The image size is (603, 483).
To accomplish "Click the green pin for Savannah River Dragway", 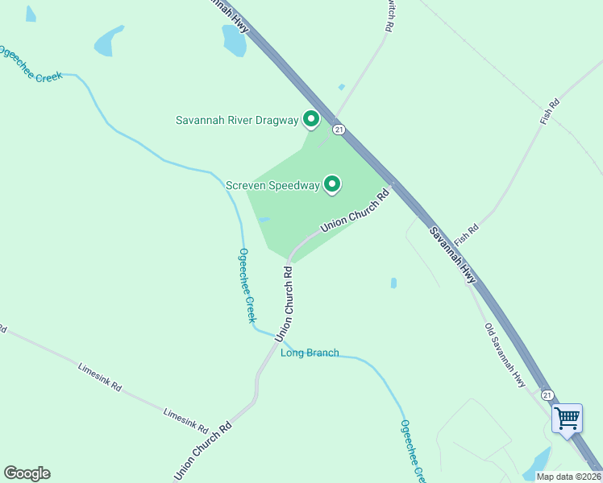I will [x=310, y=120].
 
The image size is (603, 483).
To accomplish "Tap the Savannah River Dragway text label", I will [x=237, y=121].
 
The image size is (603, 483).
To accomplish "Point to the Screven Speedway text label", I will [x=272, y=186].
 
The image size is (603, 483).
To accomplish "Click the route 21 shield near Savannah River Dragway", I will [x=339, y=129].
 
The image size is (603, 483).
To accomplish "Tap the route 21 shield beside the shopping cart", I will [x=548, y=395].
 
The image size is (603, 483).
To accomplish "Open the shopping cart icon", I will [x=567, y=418].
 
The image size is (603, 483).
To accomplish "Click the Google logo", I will [x=27, y=473].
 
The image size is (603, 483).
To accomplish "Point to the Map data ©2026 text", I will [x=568, y=477].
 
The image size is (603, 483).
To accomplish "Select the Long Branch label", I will [x=310, y=353].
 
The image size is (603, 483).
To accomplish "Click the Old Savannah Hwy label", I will [x=505, y=355].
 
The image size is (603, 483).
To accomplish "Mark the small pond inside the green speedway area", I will [x=264, y=218].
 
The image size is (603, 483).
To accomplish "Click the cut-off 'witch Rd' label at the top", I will [x=389, y=14].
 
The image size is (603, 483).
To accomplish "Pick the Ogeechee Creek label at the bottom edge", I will [x=412, y=451].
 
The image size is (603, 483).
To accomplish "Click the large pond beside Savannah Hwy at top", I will [x=234, y=40].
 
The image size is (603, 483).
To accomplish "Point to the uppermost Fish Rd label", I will [x=550, y=112].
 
